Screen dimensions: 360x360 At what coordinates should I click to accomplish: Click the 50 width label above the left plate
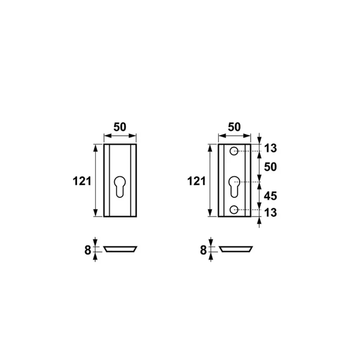120,127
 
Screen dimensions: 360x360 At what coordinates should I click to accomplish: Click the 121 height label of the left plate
82,181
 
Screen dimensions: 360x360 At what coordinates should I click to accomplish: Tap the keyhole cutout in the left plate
120,186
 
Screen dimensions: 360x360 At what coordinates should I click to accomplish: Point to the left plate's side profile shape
120,249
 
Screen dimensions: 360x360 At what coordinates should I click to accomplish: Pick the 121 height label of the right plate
196,181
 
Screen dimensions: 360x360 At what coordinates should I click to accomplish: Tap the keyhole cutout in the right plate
234,186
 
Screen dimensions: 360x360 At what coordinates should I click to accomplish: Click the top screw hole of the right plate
234,150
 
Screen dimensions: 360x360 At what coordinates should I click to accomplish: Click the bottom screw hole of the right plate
234,210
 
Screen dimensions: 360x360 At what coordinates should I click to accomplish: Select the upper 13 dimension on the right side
270,148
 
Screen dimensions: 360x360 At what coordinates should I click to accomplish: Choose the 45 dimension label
270,196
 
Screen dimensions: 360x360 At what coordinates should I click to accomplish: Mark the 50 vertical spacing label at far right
270,167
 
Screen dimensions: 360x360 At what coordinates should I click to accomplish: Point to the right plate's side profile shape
235,249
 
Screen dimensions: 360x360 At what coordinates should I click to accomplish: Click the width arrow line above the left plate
120,136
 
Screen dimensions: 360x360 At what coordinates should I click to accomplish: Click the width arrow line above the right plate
233,136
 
